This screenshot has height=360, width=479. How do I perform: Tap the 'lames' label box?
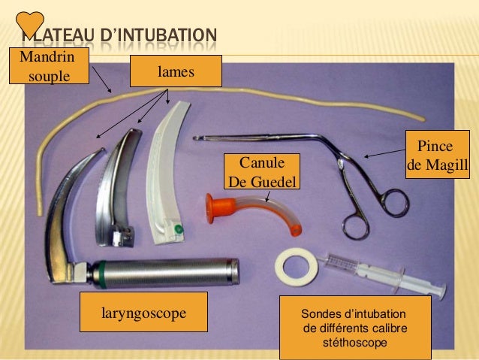pyautogui.click(x=176, y=71)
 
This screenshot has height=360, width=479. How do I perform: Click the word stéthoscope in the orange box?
pyautogui.click(x=354, y=343)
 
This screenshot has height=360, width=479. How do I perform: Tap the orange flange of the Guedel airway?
pyautogui.click(x=217, y=207)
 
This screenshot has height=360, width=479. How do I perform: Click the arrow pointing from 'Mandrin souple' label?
pyautogui.click(x=101, y=78)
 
